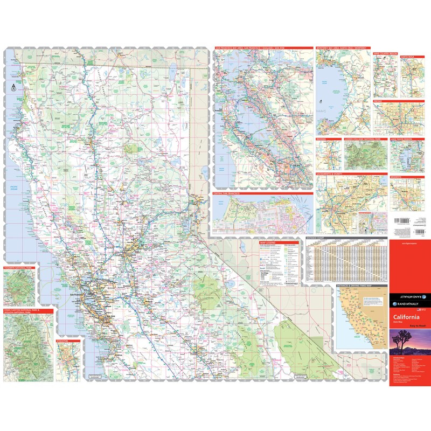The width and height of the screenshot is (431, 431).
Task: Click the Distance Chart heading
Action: (x=316, y=238)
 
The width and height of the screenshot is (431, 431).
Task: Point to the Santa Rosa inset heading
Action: (x=408, y=55)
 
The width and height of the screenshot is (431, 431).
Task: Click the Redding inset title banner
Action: (x=322, y=139)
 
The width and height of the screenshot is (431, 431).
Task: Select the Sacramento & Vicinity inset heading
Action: (x=335, y=175)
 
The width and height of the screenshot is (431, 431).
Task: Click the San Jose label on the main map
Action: (x=112, y=316)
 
